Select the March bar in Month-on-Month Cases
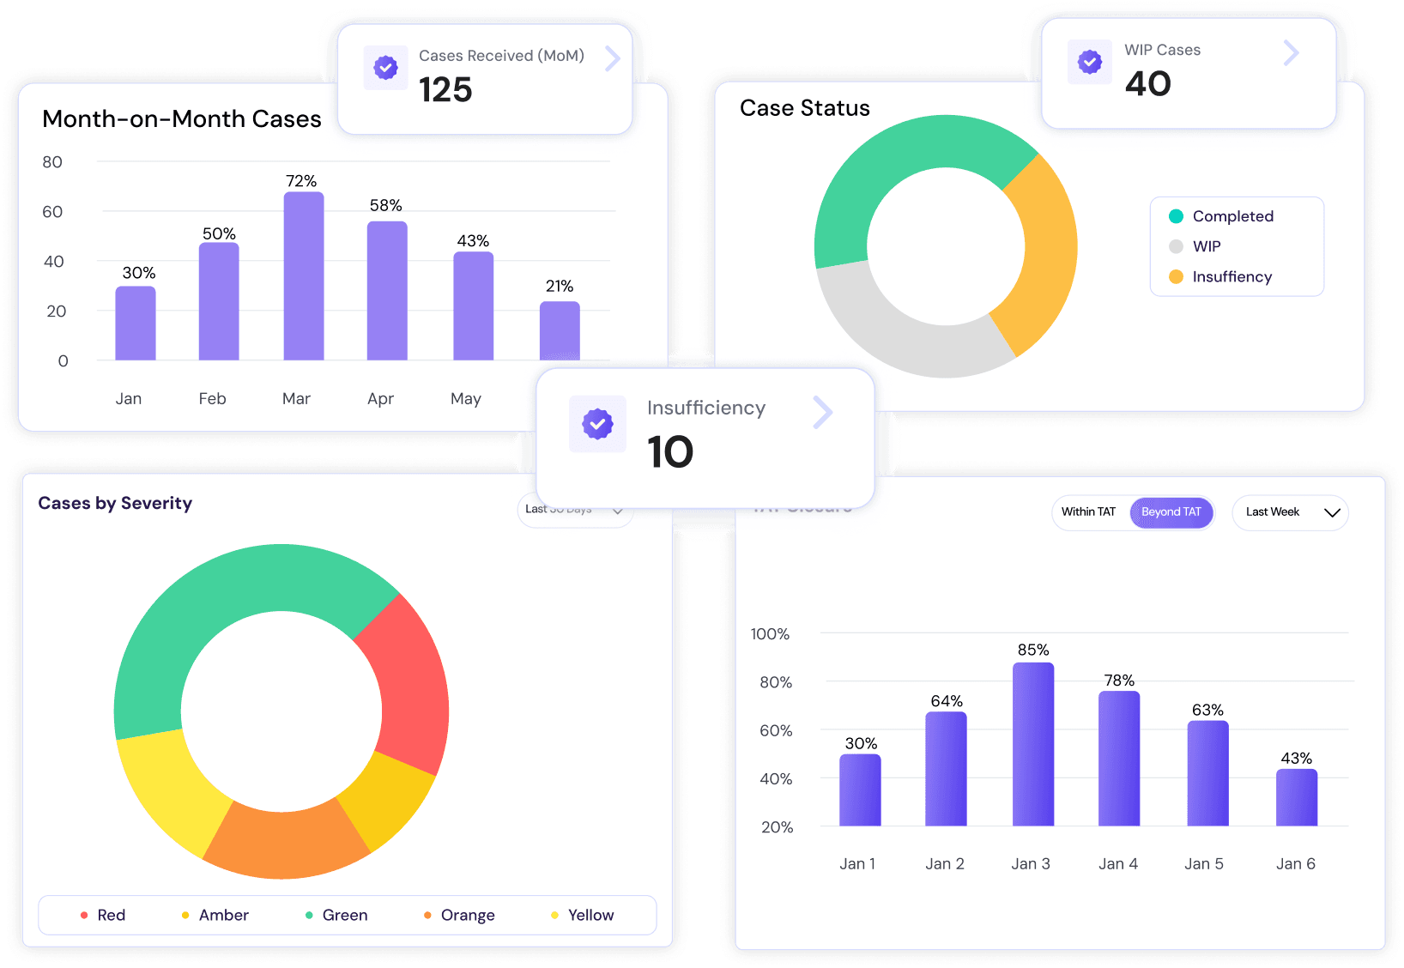(304, 276)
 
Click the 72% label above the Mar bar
(301, 181)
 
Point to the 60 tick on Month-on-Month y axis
(52, 212)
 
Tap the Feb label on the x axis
(212, 398)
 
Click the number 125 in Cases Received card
(445, 90)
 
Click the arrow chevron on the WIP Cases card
(1291, 53)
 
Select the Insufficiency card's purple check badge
(597, 423)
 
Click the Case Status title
(805, 108)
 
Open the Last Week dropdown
(1290, 512)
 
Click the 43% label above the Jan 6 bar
(1296, 759)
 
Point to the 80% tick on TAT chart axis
(776, 682)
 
